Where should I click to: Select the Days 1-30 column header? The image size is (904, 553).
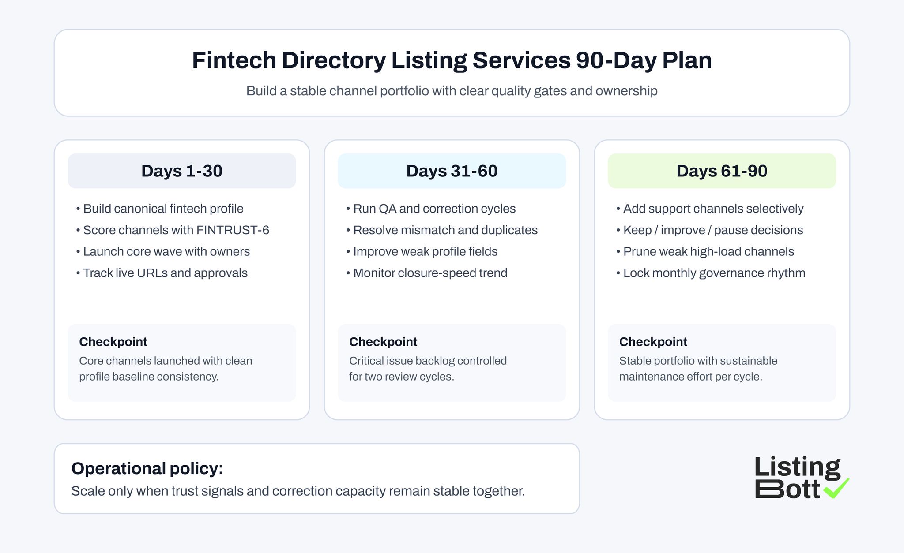tap(182, 171)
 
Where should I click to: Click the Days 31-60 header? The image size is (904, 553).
tap(452, 171)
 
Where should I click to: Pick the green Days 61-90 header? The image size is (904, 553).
tap(722, 171)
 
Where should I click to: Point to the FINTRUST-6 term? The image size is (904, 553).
tap(233, 230)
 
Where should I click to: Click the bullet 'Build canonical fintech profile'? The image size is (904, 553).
tap(163, 209)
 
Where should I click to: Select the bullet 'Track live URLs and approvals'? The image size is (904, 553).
tap(165, 273)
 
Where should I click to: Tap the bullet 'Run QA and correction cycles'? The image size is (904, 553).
tap(434, 209)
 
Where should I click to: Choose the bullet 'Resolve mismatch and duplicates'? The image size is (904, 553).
tap(445, 230)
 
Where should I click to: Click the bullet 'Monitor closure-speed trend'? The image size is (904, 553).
tap(430, 273)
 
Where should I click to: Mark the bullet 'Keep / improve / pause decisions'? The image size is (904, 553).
tap(713, 230)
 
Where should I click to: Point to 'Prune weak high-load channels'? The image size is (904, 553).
tap(708, 251)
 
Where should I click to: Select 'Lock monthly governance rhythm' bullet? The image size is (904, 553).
tap(714, 273)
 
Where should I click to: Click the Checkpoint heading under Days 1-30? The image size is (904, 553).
tap(113, 342)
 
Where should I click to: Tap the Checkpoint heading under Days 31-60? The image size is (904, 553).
tap(383, 342)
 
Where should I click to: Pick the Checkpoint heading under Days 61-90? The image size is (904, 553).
tap(653, 342)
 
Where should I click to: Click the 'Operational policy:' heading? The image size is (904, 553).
tap(147, 468)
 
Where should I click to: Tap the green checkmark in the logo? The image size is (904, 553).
tap(836, 488)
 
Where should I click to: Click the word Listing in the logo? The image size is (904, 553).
tap(797, 467)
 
